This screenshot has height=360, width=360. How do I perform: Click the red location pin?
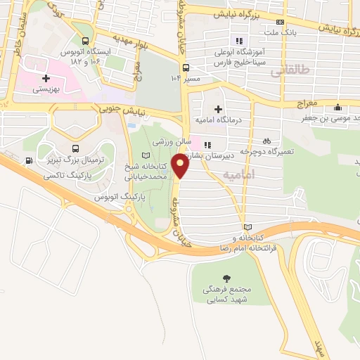click(x=181, y=166)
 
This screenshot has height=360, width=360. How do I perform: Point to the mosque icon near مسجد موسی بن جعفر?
click(x=338, y=108)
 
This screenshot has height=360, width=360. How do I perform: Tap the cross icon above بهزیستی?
click(x=46, y=79)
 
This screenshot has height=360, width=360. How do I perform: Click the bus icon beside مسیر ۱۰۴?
click(x=186, y=68)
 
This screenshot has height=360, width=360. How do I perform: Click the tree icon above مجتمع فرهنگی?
click(x=226, y=278)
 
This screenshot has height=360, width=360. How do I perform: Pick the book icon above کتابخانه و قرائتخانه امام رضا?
click(x=247, y=227)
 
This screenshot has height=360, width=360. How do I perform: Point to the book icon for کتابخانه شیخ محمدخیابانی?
click(x=146, y=155)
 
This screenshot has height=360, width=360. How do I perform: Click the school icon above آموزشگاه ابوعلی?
click(x=239, y=40)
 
